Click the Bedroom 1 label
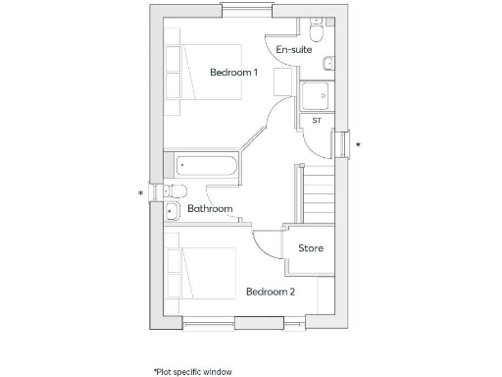tap(233, 73)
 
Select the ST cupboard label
tap(317, 120)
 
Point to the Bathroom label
tap(210, 209)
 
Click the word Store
tap(311, 248)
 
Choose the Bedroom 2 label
tap(270, 292)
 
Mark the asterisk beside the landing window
tap(358, 146)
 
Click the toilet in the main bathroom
tap(175, 190)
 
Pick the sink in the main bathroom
tap(172, 210)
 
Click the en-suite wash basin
tap(327, 64)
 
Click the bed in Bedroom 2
tap(201, 273)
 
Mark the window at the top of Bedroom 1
tap(247, 11)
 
